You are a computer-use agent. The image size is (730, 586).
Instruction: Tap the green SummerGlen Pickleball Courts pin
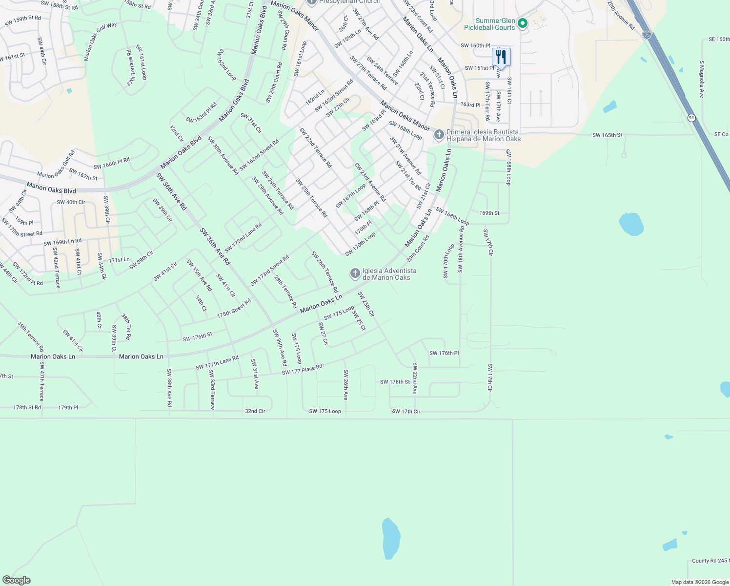(523, 23)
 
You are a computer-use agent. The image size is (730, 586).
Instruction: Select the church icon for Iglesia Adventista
(355, 273)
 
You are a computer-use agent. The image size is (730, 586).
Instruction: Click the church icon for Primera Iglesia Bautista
(439, 135)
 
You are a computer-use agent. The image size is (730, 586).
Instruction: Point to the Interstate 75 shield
(647, 35)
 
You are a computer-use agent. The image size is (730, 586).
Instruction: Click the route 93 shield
(691, 118)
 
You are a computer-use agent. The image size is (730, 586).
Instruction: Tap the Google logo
(17, 580)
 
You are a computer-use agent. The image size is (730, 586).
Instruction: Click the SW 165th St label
(608, 135)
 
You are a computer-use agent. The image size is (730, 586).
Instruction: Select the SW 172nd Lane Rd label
(243, 238)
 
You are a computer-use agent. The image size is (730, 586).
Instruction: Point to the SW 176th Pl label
(444, 353)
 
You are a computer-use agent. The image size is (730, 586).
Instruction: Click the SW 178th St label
(395, 382)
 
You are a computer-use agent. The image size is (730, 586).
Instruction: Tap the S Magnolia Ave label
(702, 79)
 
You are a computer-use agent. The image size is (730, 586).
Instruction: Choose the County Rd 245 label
(710, 561)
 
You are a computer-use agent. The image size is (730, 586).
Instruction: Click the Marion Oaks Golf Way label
(101, 42)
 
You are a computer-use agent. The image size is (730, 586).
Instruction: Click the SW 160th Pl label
(475, 46)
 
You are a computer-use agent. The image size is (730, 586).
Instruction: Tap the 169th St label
(489, 213)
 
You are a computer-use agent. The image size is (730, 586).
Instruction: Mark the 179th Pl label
(68, 407)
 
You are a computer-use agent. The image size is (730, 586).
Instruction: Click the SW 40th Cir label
(71, 202)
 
